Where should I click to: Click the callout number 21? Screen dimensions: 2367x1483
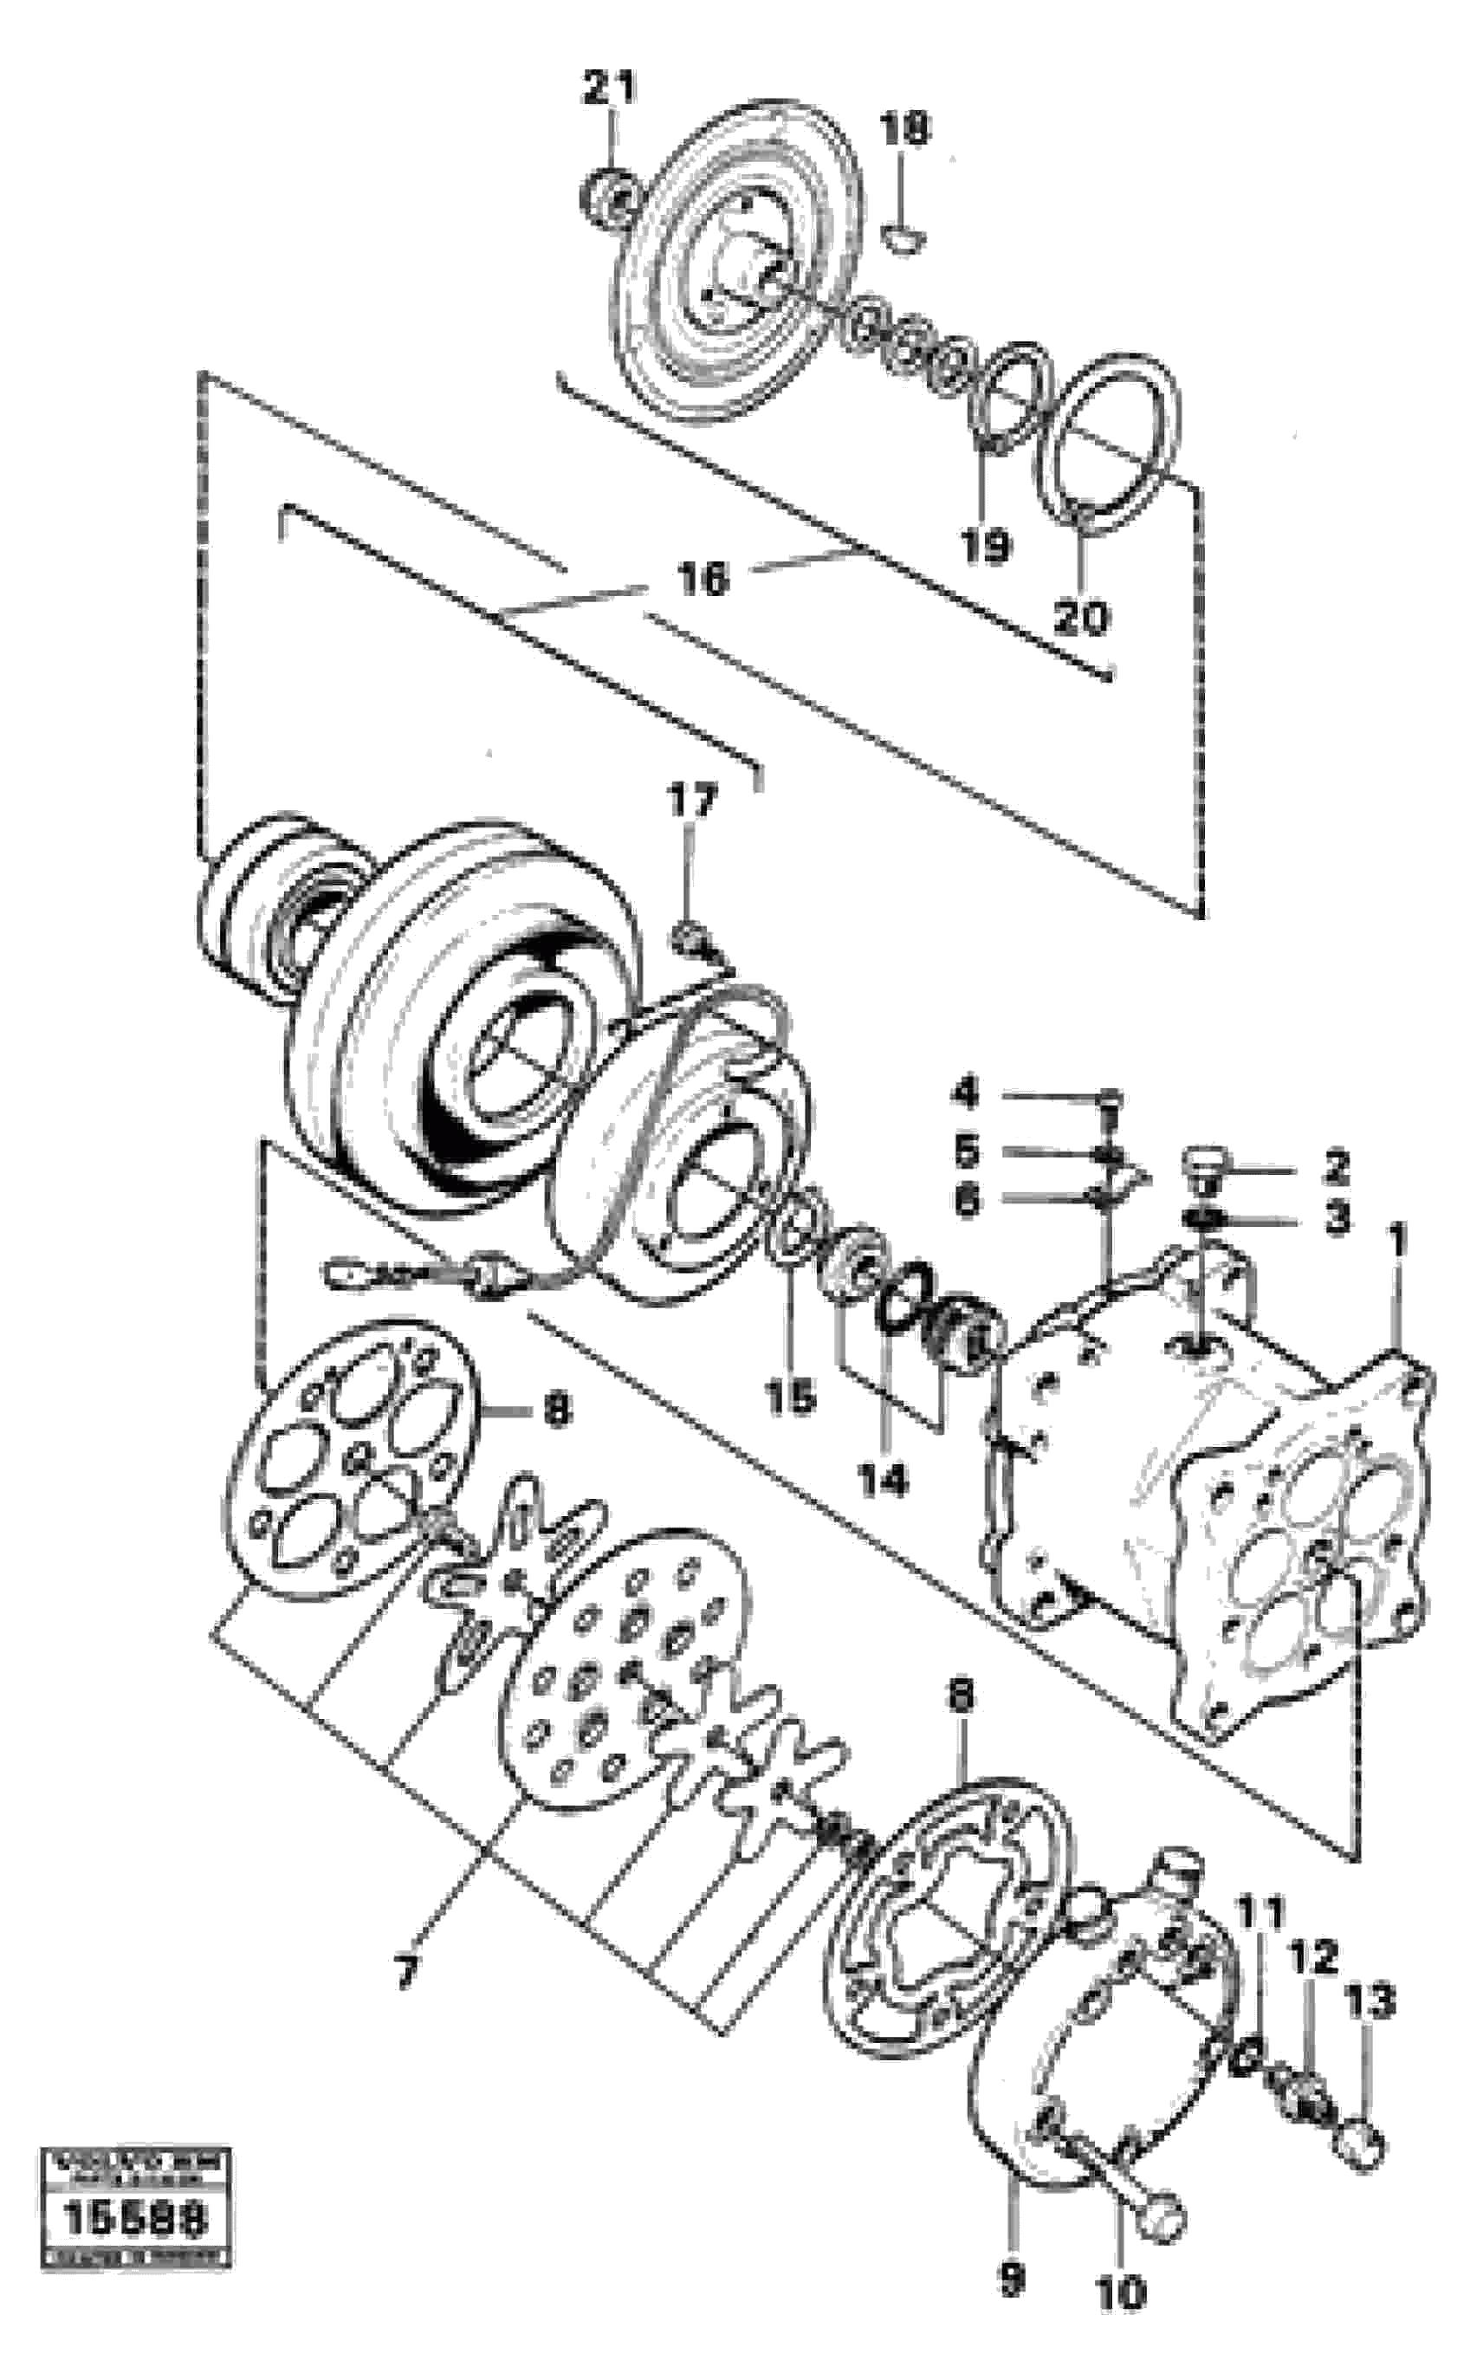608,88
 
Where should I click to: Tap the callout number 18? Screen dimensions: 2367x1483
904,128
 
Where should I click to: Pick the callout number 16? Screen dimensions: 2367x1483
703,579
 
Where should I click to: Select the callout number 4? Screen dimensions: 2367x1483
966,1093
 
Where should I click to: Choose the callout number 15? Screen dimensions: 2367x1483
791,1396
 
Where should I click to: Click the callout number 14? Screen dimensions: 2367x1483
884,1479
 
